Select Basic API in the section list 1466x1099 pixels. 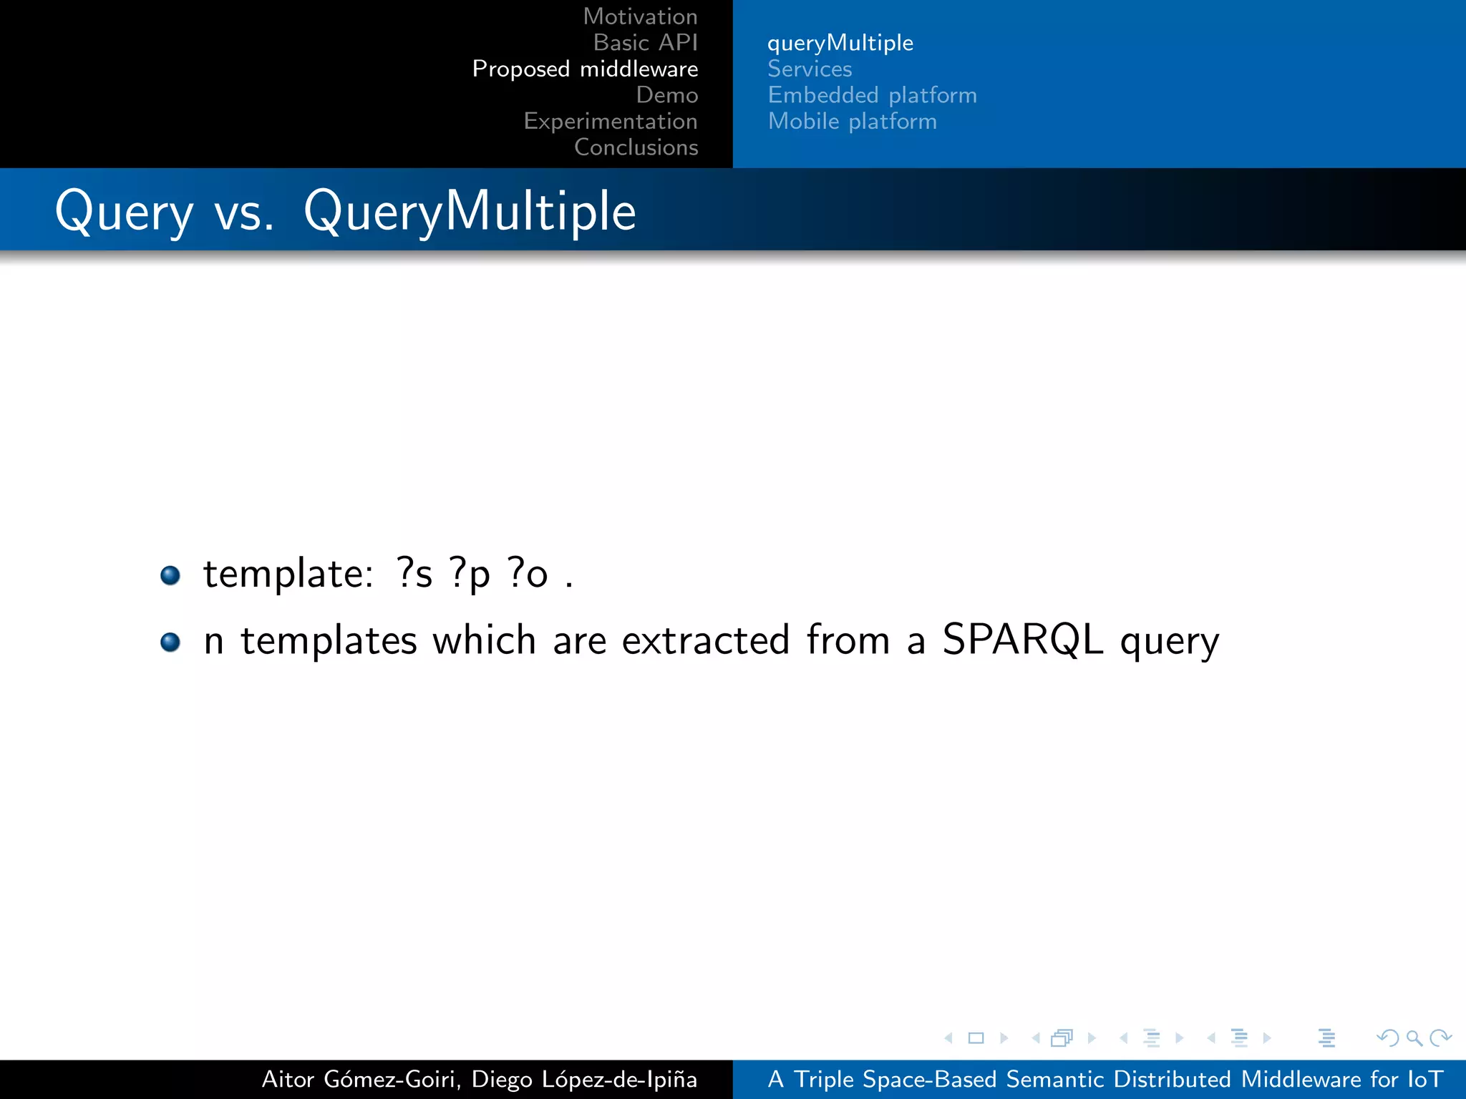(645, 43)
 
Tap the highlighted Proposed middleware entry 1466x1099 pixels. (585, 69)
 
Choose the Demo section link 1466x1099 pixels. (666, 95)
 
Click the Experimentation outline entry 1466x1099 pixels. (610, 121)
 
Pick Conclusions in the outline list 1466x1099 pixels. (636, 147)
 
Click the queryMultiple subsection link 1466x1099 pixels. (840, 43)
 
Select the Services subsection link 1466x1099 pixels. (810, 69)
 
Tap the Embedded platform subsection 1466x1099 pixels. (872, 95)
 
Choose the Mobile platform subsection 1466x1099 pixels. (852, 121)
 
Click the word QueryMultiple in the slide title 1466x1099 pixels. (470, 212)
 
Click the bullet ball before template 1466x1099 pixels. (170, 575)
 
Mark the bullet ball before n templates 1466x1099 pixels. (170, 642)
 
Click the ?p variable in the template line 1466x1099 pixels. (470, 574)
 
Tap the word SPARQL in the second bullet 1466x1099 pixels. (1022, 639)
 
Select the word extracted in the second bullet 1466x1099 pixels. (705, 640)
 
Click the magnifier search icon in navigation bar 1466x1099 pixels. (1413, 1037)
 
